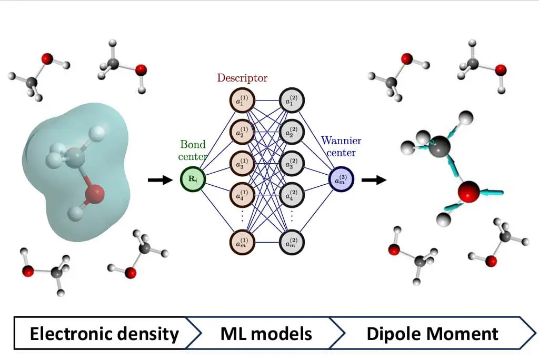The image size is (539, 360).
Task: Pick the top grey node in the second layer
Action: (x=292, y=101)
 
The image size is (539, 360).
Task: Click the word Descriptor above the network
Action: (x=242, y=78)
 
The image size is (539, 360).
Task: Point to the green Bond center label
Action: (x=194, y=149)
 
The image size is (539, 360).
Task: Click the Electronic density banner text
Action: (x=104, y=333)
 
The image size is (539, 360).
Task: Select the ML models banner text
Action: (x=266, y=333)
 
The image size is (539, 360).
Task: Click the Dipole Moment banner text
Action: (x=432, y=333)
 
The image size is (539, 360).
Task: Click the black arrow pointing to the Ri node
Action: (x=160, y=180)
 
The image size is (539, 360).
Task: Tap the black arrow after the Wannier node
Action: (x=373, y=180)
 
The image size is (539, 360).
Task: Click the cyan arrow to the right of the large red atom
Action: (x=492, y=192)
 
